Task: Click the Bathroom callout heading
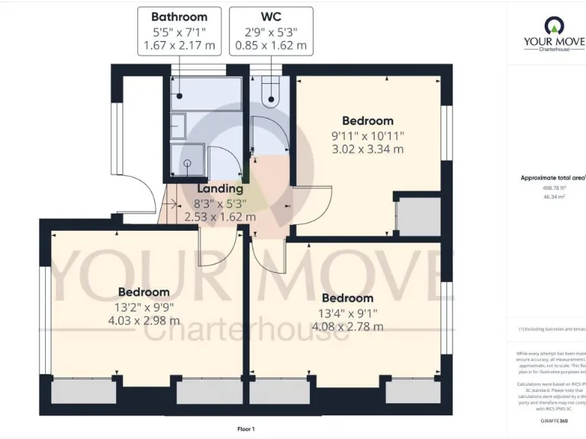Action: [x=179, y=16]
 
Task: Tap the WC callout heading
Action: [x=271, y=16]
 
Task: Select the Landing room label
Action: [x=220, y=188]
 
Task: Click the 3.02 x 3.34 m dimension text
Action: [x=367, y=149]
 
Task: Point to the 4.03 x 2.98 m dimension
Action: [x=143, y=321]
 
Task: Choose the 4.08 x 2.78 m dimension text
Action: [x=347, y=327]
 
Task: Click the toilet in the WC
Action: [x=271, y=94]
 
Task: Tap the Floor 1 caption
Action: [x=246, y=429]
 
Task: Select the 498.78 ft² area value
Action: [x=553, y=187]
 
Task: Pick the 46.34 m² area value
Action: [x=553, y=197]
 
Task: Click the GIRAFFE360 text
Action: [x=553, y=420]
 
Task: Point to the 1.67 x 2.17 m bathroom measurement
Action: [x=179, y=46]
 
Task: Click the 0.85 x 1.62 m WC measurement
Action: [x=271, y=46]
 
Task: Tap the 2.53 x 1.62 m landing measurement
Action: [x=220, y=217]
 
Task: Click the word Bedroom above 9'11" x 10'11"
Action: [x=367, y=120]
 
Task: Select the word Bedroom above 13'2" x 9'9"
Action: [x=143, y=292]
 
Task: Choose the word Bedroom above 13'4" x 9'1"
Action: [x=347, y=298]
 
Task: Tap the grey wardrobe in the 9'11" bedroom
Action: [x=420, y=216]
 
